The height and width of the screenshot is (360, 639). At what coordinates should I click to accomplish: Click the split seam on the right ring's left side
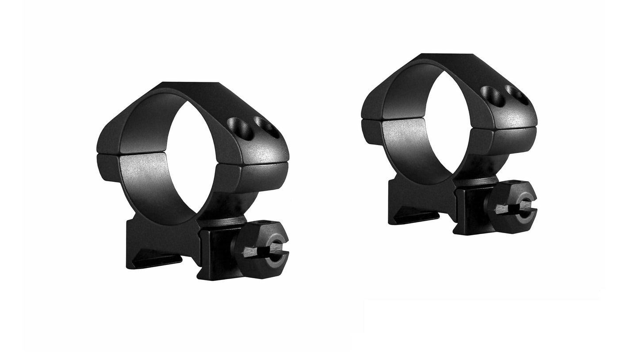371,119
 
